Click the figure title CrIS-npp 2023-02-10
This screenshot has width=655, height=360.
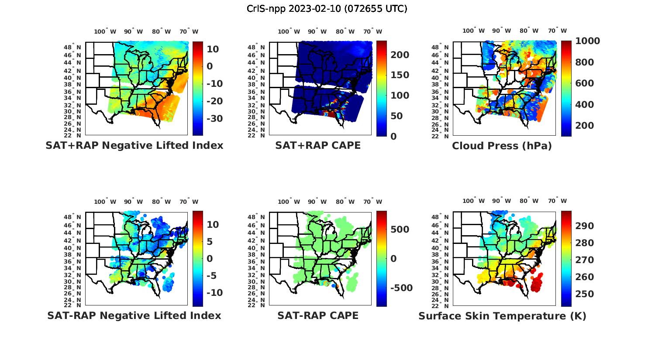pos(327,9)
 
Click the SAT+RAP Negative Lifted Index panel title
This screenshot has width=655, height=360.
pos(134,145)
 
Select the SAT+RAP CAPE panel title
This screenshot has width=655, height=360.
pos(318,145)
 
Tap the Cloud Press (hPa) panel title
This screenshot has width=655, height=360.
pos(502,146)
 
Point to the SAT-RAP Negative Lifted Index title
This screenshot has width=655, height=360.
pos(134,315)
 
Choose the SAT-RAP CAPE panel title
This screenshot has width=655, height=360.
pos(318,315)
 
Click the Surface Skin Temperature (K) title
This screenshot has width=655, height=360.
pos(502,316)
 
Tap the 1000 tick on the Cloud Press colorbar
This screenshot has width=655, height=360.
pos(587,41)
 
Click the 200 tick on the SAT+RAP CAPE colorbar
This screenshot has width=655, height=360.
pos(400,55)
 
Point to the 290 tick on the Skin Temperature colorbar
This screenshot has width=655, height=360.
pos(584,226)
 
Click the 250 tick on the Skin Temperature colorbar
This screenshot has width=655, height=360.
pos(584,294)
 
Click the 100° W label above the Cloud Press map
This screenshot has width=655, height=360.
pos(474,31)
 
